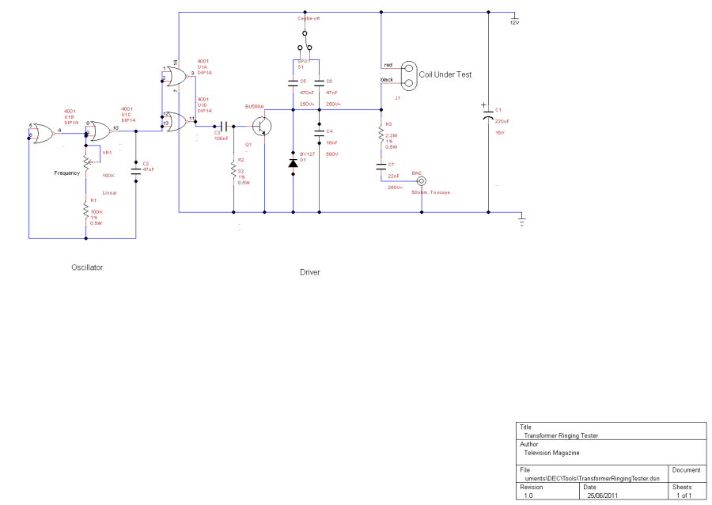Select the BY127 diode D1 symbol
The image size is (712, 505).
tap(293, 162)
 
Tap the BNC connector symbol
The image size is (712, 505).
tap(421, 180)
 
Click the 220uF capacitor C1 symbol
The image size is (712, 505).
tap(488, 116)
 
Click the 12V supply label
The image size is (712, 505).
tap(514, 22)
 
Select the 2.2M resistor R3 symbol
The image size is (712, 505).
tap(381, 136)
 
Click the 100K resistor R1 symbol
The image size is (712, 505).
tap(85, 210)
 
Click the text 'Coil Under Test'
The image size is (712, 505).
tap(445, 74)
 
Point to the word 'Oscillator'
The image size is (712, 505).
tap(87, 268)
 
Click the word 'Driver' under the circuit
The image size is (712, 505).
tap(310, 272)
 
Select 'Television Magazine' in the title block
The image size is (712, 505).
tap(551, 453)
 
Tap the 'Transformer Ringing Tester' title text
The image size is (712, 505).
tap(561, 435)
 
